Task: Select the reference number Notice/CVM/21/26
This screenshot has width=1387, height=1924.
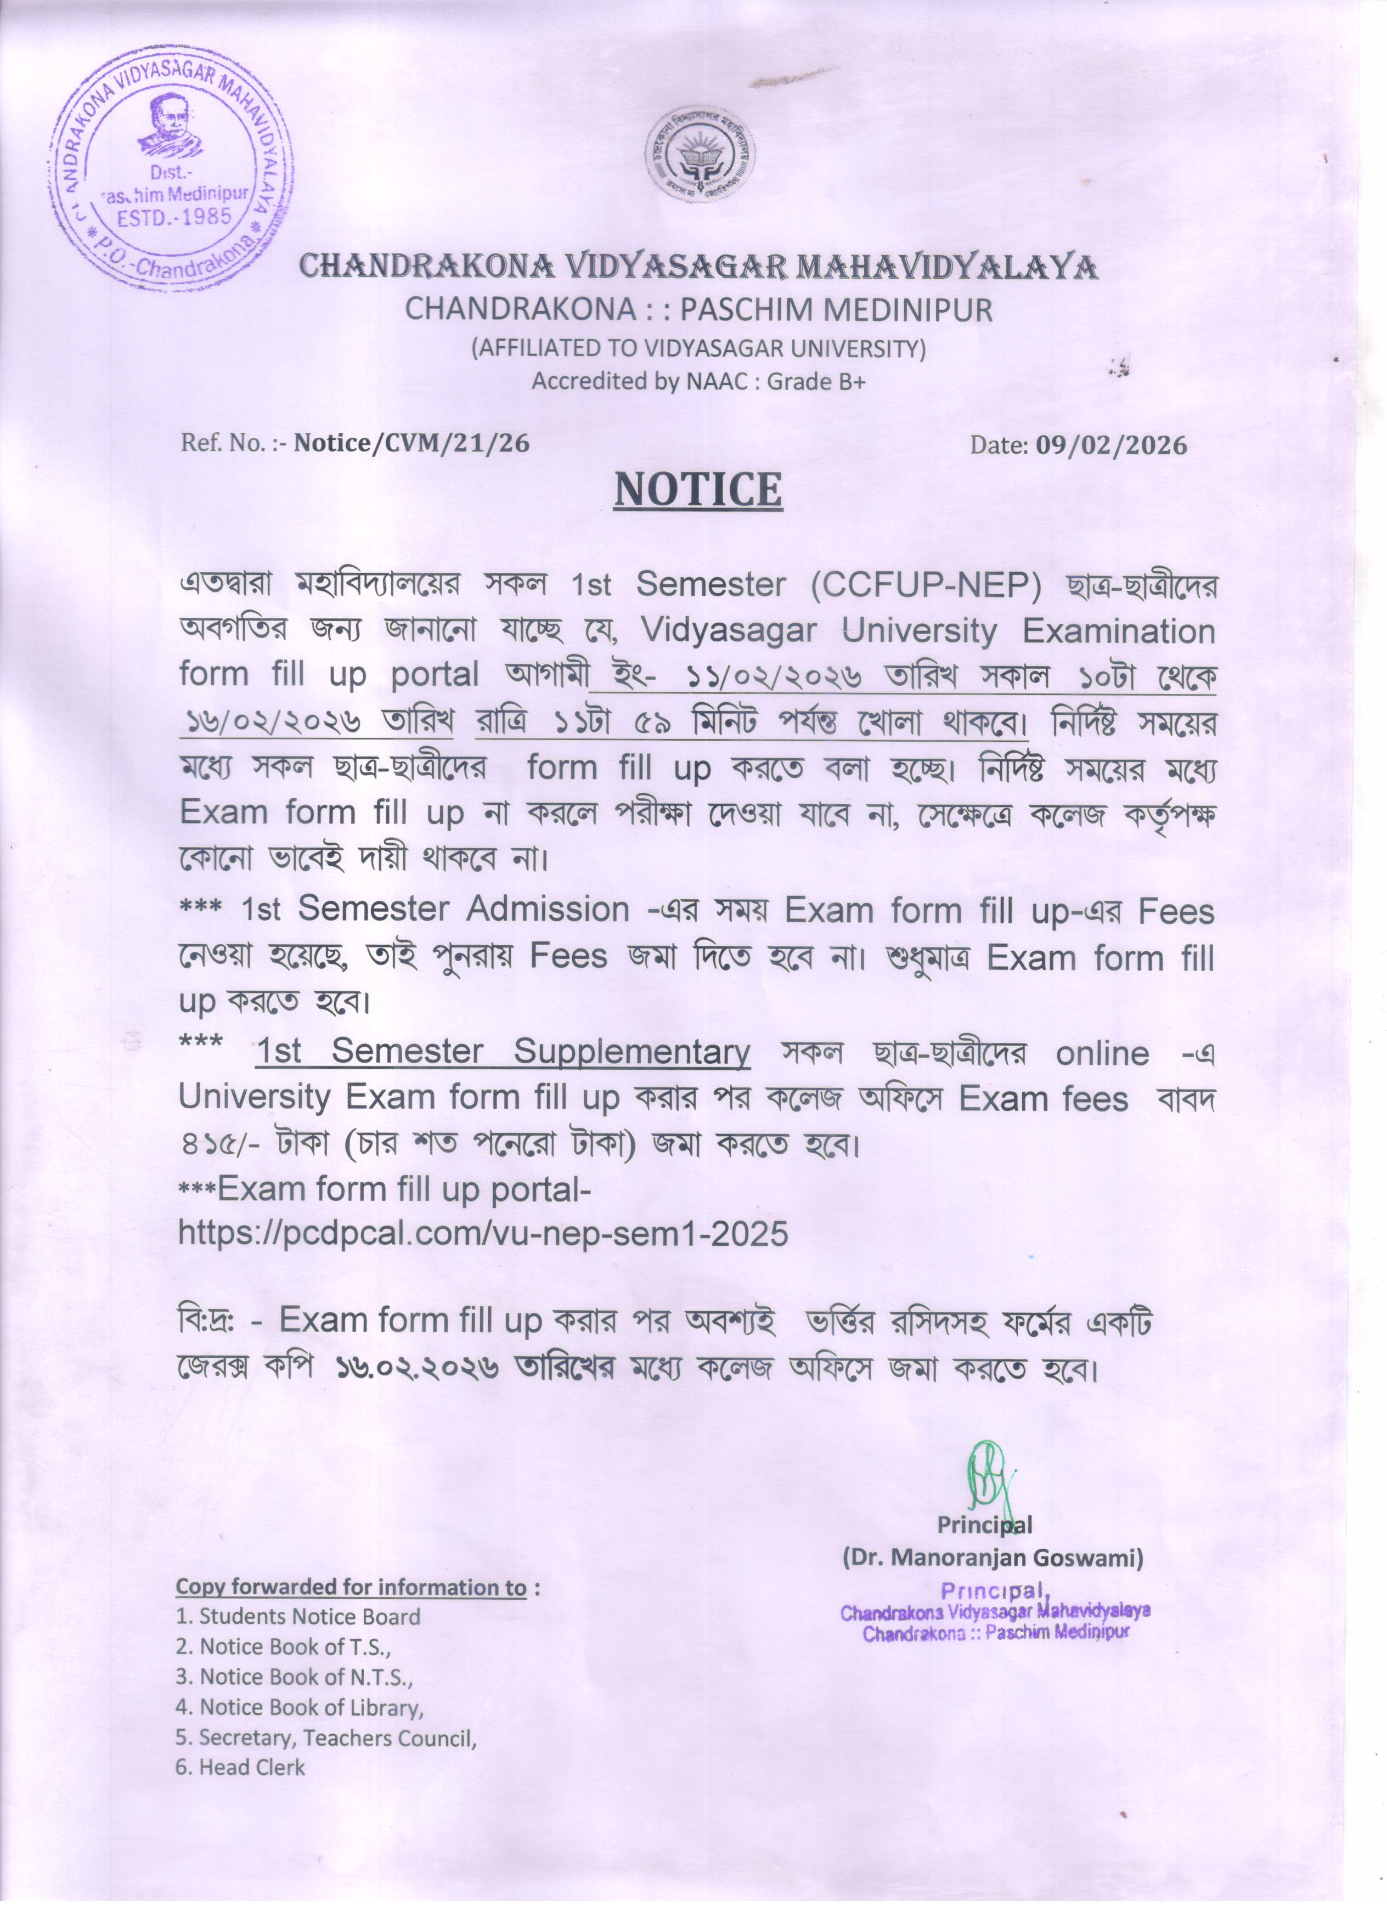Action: [411, 443]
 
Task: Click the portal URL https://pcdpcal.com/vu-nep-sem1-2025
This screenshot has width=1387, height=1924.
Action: [483, 1233]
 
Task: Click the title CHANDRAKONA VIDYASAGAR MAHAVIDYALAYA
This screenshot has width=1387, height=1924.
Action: [698, 267]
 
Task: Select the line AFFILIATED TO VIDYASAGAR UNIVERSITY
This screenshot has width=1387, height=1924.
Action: [698, 348]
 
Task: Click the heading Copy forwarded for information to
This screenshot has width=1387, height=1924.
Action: [351, 1587]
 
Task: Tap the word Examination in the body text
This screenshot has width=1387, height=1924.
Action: [1118, 631]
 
